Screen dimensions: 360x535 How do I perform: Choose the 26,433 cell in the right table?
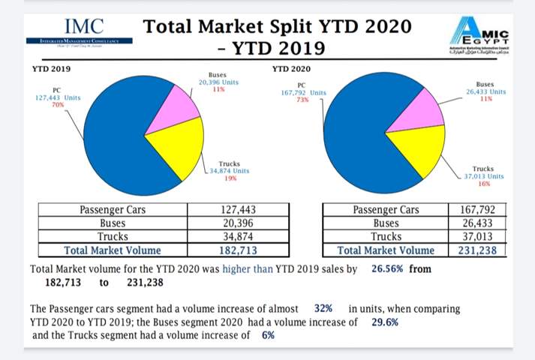tap(476, 223)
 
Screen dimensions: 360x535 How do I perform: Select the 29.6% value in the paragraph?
tap(385, 322)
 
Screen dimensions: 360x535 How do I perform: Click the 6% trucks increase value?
tap(269, 335)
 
